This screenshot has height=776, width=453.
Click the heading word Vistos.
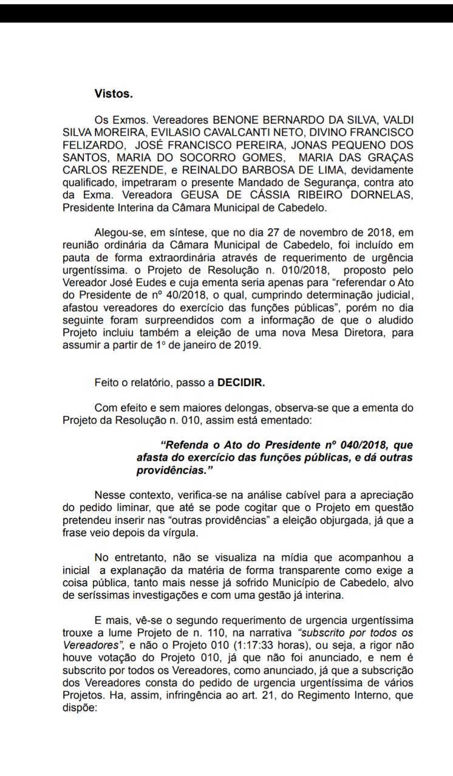(x=114, y=94)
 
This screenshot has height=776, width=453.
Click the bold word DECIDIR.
(x=242, y=383)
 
